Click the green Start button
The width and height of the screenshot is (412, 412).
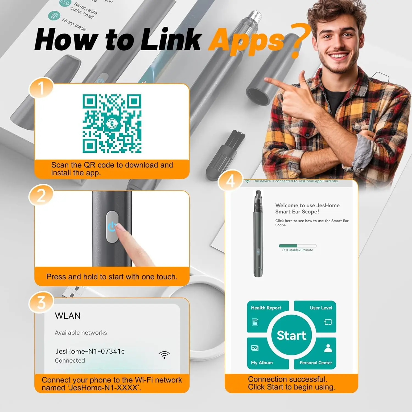coord(291,335)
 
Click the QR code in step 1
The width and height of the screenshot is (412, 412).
coord(112,124)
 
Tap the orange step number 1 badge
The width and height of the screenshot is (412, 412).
coord(41,88)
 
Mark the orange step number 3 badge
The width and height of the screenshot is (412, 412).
coord(41,302)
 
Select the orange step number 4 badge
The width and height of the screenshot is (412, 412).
coord(230,181)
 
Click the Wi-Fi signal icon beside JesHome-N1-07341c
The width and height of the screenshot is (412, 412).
coord(164,355)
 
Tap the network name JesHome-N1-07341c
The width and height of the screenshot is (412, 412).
coord(90,351)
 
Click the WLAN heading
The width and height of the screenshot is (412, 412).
coord(68,316)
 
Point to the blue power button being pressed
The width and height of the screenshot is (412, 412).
coord(112,227)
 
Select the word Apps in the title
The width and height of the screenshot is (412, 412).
coord(246,41)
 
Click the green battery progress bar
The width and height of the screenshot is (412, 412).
coord(298,246)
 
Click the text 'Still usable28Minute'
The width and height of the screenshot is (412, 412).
coord(297,250)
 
